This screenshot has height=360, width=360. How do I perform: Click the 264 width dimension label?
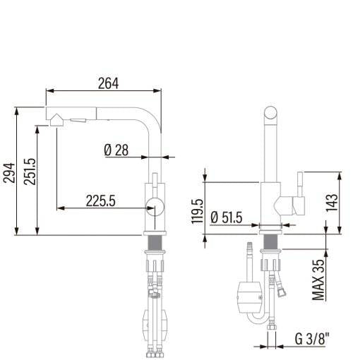[108, 83]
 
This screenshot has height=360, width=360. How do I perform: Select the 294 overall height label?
[9, 173]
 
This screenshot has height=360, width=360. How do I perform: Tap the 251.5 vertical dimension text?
[30, 172]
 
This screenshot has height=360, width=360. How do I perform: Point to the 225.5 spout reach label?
[101, 201]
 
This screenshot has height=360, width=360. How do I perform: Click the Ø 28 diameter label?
[116, 150]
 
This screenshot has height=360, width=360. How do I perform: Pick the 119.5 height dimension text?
[197, 211]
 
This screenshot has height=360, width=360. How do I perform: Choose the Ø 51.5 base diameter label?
[227, 217]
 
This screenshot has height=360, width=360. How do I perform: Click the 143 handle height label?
[332, 203]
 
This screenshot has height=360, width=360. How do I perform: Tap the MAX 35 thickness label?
[318, 280]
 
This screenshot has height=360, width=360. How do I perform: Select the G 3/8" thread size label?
[312, 339]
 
